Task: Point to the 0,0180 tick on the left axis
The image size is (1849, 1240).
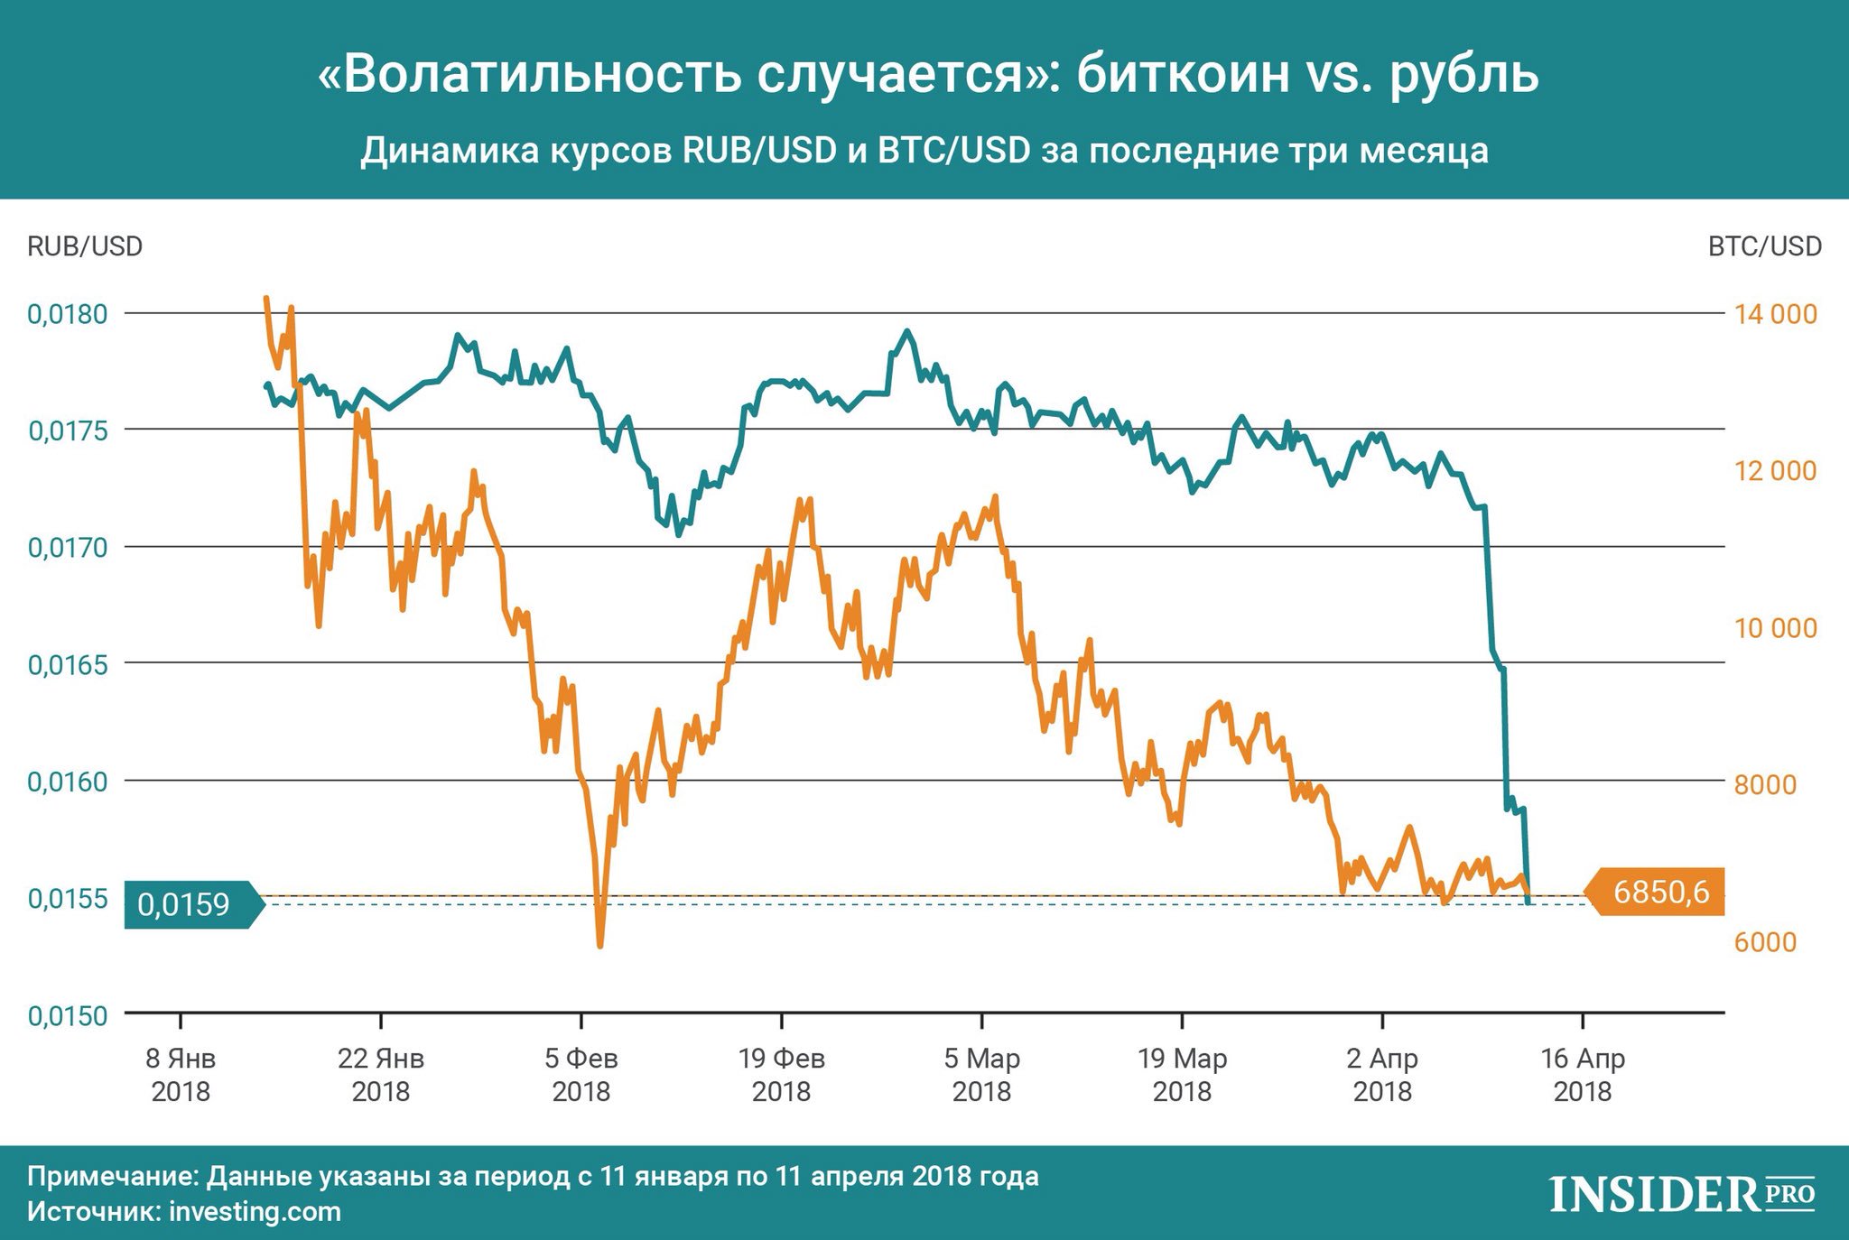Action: pyautogui.click(x=68, y=314)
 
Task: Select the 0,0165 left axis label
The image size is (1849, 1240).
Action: pyautogui.click(x=68, y=665)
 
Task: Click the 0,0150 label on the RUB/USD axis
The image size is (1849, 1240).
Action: pyautogui.click(x=68, y=1015)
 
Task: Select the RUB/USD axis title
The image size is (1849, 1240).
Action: pyautogui.click(x=85, y=246)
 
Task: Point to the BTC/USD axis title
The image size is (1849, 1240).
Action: pyautogui.click(x=1764, y=246)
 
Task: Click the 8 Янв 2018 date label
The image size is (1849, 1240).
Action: pyautogui.click(x=181, y=1074)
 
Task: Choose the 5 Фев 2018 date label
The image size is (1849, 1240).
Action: pyautogui.click(x=581, y=1074)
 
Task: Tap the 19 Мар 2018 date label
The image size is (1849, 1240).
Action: pyautogui.click(x=1183, y=1074)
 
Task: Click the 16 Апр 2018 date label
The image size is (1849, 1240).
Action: pyautogui.click(x=1583, y=1074)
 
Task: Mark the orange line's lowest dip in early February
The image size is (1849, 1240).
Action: pyautogui.click(x=600, y=944)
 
